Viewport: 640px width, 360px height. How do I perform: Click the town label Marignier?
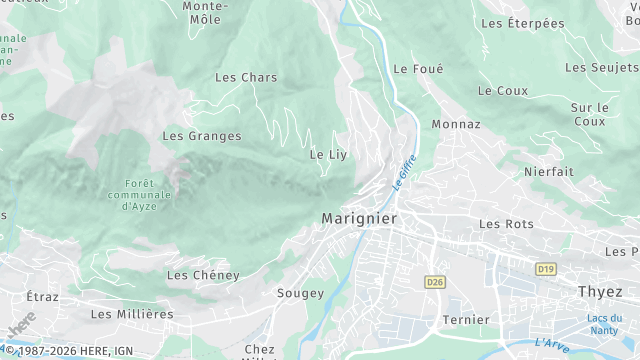click(359, 218)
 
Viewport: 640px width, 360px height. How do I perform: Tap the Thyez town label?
click(600, 291)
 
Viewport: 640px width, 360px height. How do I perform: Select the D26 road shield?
click(433, 283)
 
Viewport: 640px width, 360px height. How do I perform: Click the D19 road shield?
click(545, 269)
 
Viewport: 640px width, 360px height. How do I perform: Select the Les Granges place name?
click(202, 136)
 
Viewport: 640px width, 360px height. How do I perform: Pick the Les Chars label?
click(246, 77)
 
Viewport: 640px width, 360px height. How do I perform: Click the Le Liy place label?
click(327, 155)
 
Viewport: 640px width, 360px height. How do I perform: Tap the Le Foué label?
click(418, 69)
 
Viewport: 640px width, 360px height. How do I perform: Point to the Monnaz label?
click(456, 125)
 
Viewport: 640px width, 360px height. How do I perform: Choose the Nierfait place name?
click(549, 172)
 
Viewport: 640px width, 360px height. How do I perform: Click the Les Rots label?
click(507, 224)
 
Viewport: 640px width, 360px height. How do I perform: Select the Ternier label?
click(466, 320)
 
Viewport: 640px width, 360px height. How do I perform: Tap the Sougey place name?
click(300, 294)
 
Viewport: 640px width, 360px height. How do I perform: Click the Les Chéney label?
click(203, 275)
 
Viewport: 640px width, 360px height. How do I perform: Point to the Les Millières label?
click(132, 314)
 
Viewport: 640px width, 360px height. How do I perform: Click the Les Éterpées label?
click(522, 23)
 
